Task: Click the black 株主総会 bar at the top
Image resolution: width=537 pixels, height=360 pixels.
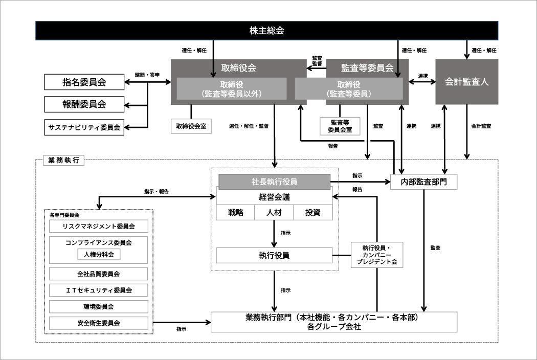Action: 266,31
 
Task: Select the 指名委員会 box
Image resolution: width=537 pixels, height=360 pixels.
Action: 84,82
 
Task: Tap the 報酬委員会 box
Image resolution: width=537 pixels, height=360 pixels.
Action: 84,104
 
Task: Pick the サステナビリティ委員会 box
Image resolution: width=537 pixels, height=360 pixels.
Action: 84,127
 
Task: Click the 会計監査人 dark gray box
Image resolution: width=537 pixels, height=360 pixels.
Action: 466,81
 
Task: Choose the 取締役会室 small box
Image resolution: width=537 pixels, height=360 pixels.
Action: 191,126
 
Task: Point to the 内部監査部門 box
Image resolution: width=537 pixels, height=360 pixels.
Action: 423,182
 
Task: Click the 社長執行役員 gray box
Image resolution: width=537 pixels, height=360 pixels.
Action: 274,182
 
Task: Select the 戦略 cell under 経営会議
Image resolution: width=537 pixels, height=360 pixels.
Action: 236,212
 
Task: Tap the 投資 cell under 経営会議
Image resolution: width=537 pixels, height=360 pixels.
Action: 312,212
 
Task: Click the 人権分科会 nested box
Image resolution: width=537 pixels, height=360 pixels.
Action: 99,255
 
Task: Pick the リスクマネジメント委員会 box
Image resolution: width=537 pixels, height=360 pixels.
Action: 99,227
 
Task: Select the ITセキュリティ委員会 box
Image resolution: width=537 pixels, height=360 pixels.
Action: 99,290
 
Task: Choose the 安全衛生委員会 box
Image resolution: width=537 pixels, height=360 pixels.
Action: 99,323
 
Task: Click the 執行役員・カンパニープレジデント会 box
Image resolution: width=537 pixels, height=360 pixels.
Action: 377,255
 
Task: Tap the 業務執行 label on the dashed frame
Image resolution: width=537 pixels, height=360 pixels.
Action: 64,160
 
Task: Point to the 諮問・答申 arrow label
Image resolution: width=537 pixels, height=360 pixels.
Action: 147,75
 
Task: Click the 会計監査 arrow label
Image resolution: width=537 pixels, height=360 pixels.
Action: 481,126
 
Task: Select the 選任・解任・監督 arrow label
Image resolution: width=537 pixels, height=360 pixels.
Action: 249,126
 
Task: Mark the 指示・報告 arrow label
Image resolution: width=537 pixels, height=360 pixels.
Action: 156,191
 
